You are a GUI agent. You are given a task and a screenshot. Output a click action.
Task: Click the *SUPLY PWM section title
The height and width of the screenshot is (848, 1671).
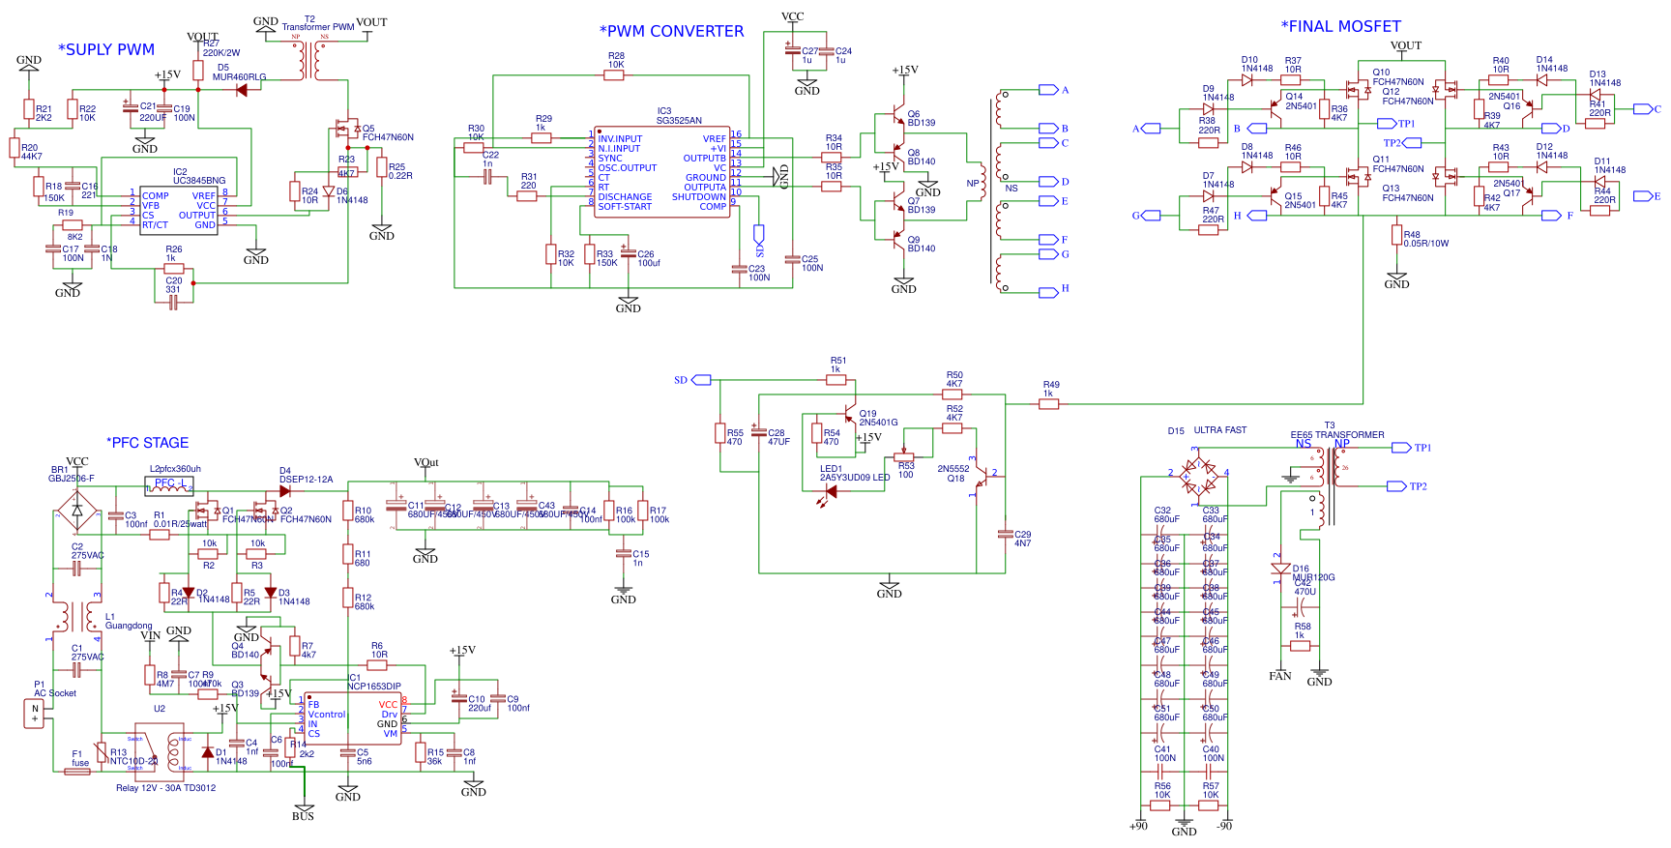[106, 49]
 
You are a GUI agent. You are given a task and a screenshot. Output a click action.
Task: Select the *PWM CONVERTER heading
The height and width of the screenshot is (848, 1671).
[671, 31]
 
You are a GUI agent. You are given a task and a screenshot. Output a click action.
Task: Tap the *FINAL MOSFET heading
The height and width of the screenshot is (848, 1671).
[1340, 26]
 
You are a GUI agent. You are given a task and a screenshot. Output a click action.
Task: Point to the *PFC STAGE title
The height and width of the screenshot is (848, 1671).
[147, 443]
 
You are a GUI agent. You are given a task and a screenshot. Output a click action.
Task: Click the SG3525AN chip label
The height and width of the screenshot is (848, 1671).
[679, 120]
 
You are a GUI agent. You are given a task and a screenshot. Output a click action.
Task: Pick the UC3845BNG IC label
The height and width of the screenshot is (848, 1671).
[199, 181]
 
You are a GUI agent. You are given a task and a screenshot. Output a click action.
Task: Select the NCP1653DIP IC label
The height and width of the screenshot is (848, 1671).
[374, 687]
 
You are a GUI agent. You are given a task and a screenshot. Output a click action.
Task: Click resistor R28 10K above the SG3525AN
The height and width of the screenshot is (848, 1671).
[614, 74]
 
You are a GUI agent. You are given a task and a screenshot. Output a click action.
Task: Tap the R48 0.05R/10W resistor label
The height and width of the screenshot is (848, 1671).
[1425, 239]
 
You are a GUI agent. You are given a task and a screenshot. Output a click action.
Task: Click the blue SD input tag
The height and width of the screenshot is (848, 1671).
[681, 380]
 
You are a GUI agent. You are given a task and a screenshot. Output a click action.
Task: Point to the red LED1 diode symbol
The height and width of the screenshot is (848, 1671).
[830, 491]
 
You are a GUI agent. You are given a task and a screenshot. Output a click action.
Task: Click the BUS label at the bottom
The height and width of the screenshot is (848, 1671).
[303, 816]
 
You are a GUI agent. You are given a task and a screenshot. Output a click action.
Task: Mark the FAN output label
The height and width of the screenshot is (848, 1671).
[1279, 676]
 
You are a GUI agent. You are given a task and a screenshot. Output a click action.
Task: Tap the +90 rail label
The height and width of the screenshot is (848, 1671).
[1138, 826]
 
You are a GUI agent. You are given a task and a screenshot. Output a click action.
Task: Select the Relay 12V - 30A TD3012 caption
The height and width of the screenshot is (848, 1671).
[165, 788]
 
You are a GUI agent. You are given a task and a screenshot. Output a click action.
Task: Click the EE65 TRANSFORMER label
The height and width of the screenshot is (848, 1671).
[1337, 435]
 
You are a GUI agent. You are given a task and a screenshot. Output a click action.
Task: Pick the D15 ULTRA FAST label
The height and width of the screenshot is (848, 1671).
[1207, 430]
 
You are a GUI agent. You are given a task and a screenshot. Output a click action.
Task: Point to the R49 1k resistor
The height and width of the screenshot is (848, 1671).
[1048, 404]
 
